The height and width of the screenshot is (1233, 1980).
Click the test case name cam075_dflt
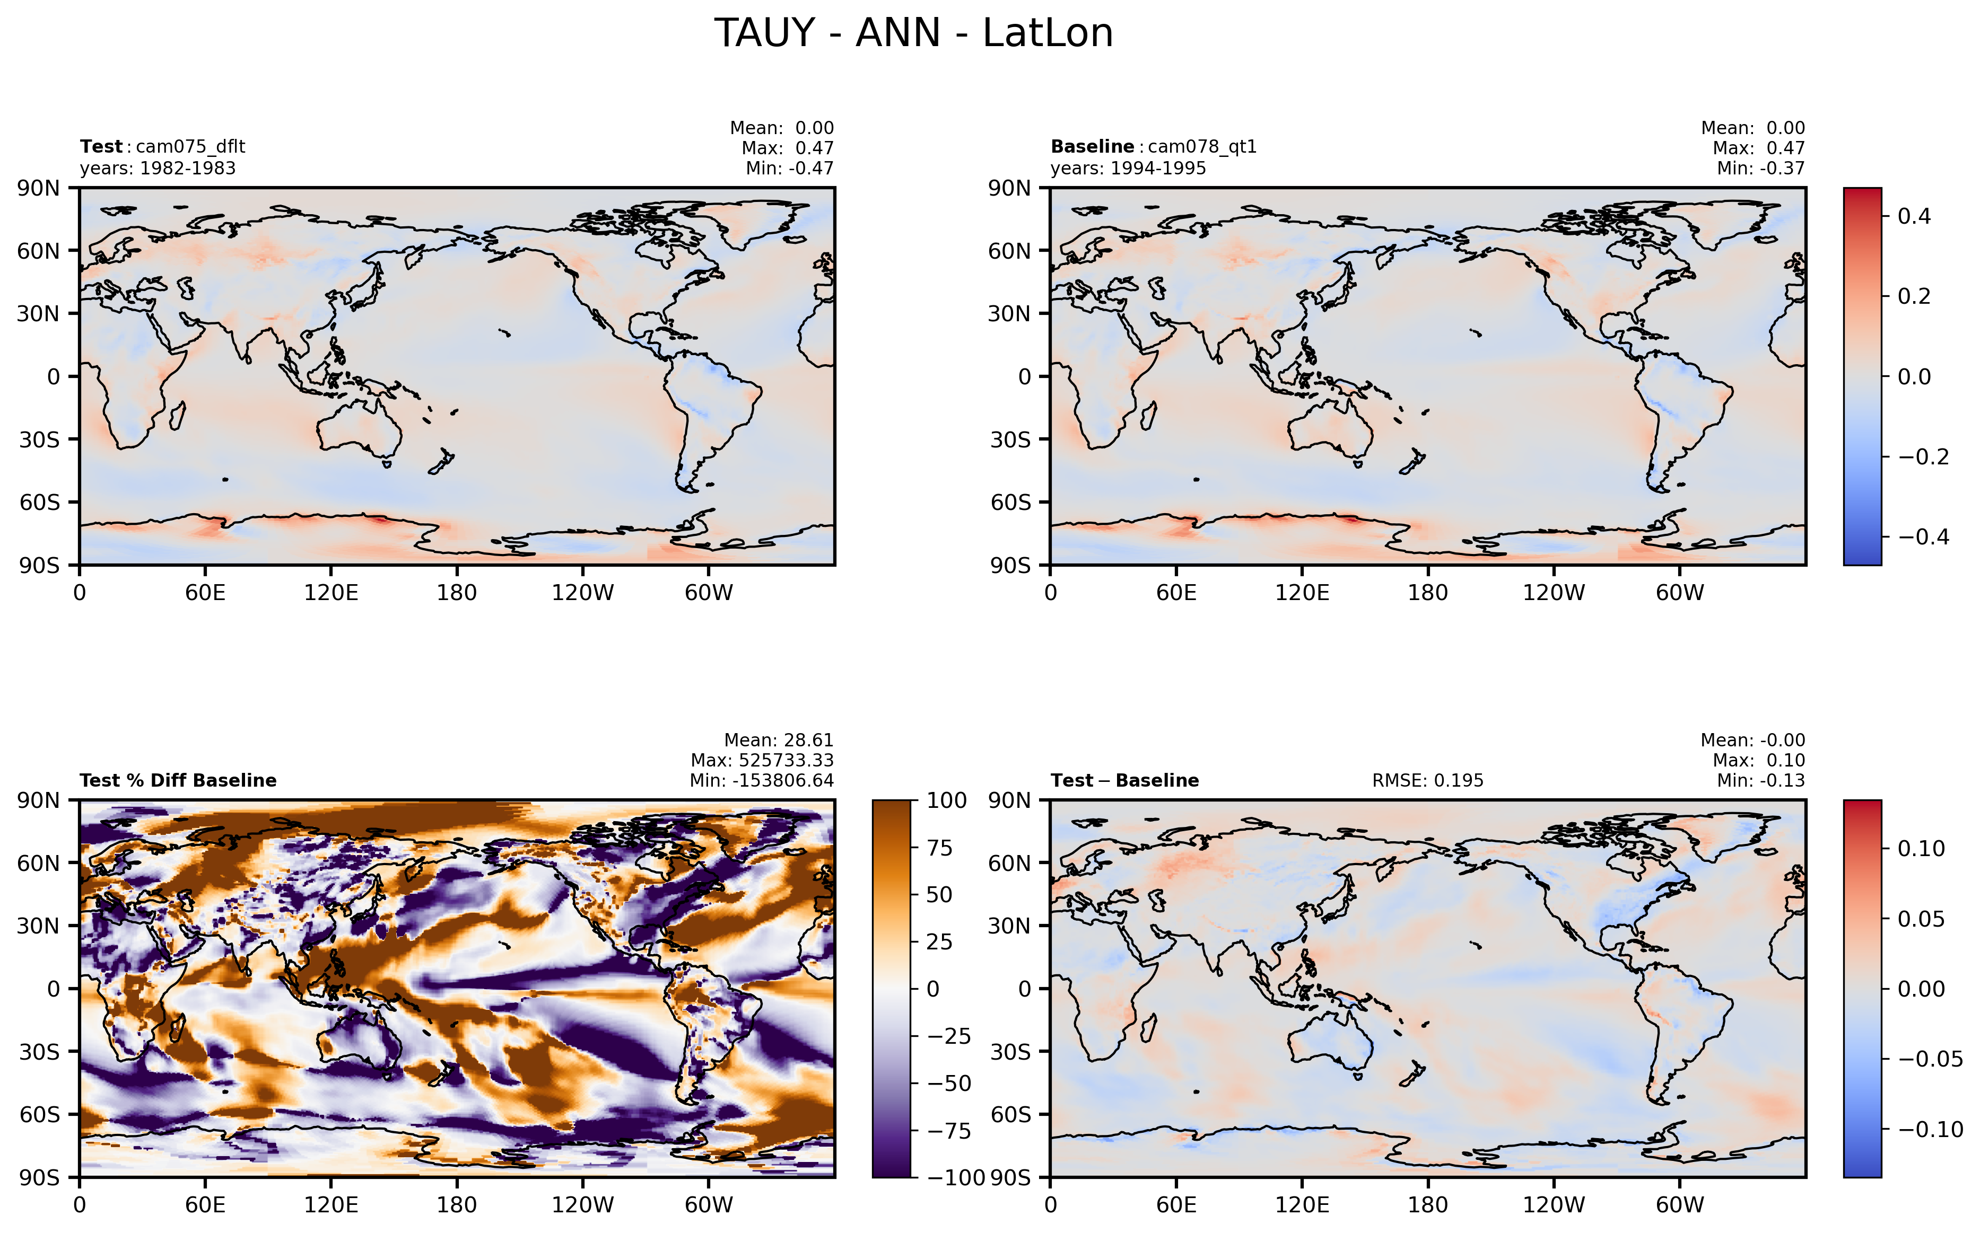coord(190,147)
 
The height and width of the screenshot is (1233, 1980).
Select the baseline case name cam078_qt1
coord(1202,147)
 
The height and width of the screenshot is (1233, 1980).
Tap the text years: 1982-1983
coord(158,168)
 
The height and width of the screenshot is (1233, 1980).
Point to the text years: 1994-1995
coord(1128,168)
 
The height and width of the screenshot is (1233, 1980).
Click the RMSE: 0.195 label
coord(1428,780)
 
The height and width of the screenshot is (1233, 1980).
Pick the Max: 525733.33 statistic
coord(762,760)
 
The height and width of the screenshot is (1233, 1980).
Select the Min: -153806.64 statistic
coord(762,780)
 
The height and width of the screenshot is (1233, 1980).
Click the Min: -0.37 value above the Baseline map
coord(1760,168)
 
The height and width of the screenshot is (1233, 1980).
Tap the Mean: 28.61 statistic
coord(778,741)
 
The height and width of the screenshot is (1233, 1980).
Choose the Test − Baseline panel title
coord(1124,780)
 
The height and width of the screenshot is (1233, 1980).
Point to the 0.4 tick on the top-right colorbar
coord(1914,216)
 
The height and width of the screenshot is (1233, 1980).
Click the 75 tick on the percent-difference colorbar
coord(940,848)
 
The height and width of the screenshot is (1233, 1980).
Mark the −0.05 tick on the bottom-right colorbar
coord(1930,1059)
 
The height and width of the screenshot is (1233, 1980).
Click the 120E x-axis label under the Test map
coord(330,593)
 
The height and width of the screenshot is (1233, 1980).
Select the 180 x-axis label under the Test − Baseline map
coord(1428,1204)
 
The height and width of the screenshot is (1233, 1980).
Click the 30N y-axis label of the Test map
coord(38,314)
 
